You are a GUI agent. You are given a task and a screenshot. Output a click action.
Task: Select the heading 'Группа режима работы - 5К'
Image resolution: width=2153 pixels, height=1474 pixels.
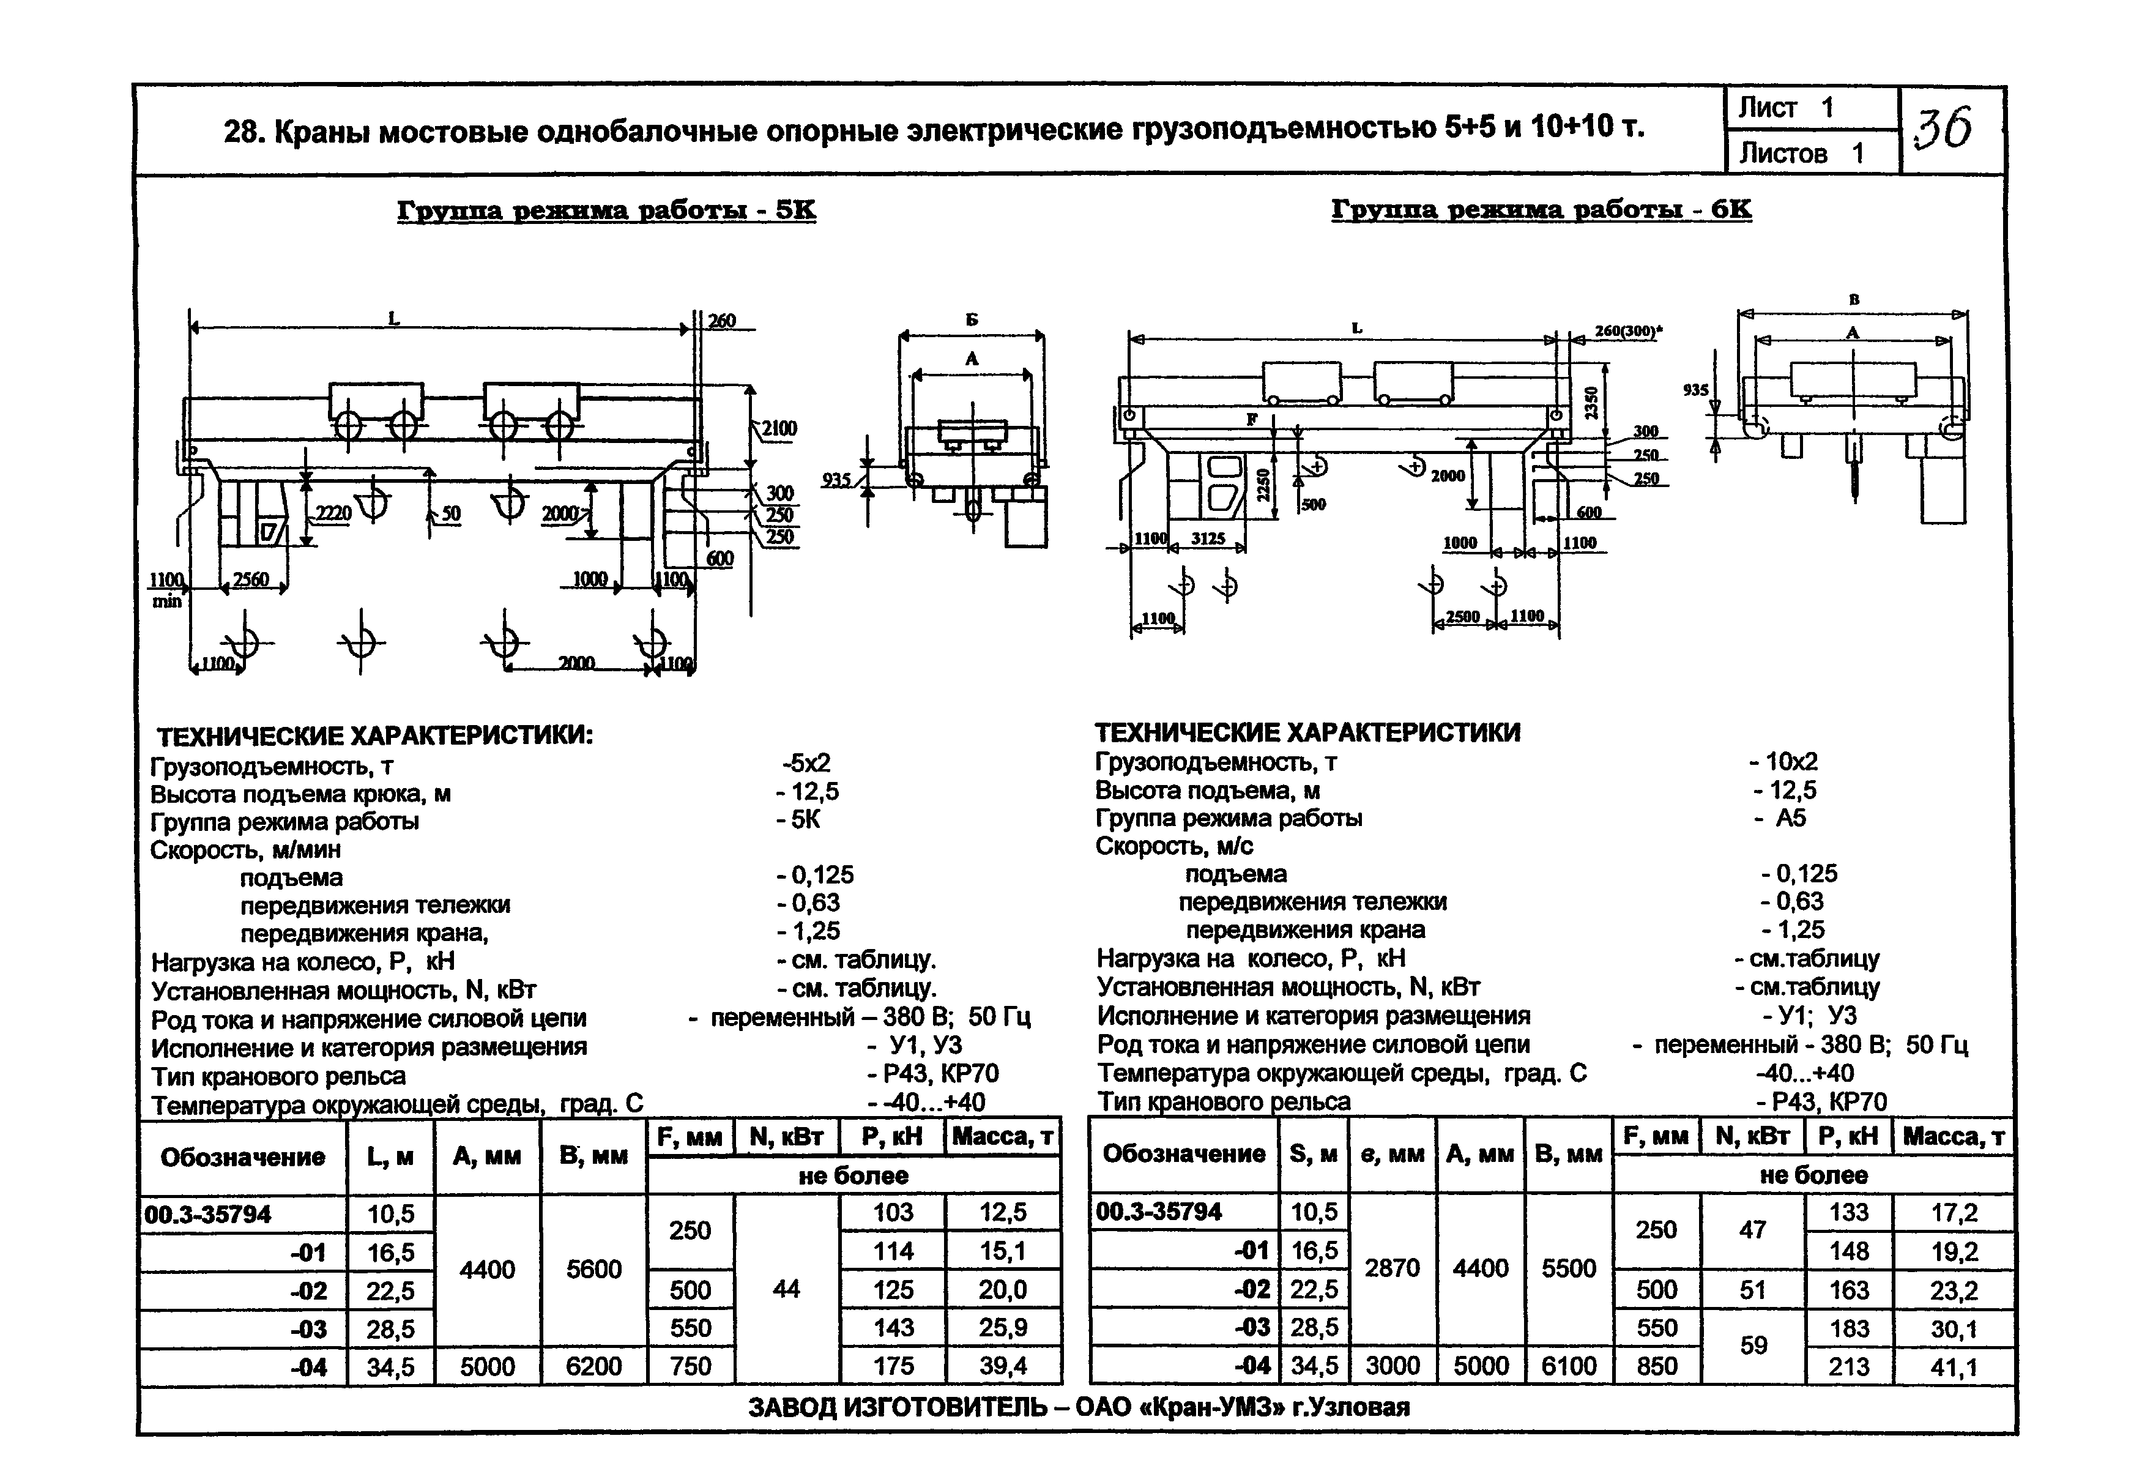point(607,211)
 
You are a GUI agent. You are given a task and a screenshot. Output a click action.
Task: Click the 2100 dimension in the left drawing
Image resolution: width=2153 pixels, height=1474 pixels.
point(779,428)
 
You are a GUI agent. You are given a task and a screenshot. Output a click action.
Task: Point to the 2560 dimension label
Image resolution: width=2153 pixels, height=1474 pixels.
point(250,580)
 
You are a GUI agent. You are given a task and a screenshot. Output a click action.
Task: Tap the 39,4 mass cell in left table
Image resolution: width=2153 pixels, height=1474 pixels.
point(1003,1366)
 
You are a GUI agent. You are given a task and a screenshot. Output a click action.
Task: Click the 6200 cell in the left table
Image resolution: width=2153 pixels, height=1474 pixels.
point(594,1366)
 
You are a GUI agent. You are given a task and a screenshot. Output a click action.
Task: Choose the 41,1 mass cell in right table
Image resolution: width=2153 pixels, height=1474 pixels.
point(1955,1366)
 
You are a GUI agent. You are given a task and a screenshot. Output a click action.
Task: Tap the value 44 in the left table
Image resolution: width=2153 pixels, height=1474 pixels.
point(786,1289)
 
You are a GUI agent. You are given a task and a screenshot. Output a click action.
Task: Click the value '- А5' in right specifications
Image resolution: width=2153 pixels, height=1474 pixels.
point(1786,818)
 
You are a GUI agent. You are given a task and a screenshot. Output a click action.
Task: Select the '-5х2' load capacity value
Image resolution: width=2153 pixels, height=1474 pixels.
point(806,764)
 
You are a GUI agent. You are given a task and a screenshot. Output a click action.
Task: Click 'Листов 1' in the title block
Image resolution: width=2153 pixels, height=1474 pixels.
point(1801,153)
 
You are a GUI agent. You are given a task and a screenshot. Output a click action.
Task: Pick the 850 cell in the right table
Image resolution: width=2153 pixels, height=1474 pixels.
point(1656,1366)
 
